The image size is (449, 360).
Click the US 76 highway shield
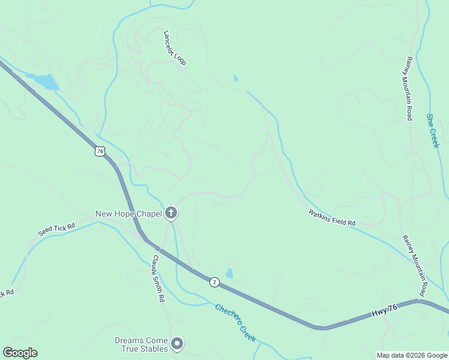100,151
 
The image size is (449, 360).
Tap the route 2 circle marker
214,282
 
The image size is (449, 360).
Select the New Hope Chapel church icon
171,213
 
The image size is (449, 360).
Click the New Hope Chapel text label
128,214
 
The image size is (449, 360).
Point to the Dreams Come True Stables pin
177,344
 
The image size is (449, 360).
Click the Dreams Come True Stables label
142,344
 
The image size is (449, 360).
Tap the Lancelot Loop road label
175,49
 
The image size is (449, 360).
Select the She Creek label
433,131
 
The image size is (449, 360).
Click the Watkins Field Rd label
332,217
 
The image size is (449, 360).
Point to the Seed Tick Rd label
56,229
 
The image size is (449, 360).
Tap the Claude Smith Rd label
158,278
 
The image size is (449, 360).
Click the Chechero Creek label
235,322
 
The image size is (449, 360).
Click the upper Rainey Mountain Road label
409,88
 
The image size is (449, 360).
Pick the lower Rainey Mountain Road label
414,265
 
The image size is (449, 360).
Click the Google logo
20,353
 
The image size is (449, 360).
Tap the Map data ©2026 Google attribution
412,355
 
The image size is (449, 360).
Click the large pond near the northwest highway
45,82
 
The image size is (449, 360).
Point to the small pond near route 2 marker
229,274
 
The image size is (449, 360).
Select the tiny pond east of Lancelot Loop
236,79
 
